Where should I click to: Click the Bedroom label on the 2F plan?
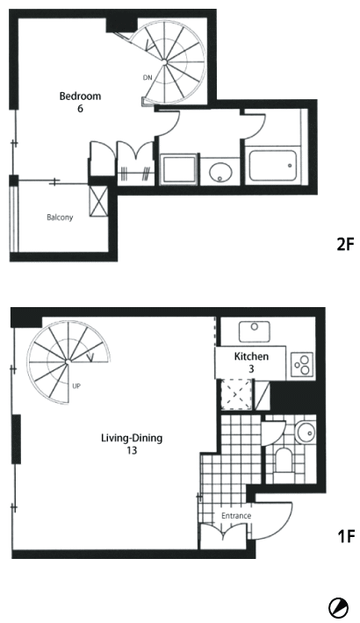click(80, 97)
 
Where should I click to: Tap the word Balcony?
click(60, 218)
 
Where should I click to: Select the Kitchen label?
click(251, 356)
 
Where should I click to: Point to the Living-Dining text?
click(132, 438)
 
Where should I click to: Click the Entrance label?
click(236, 516)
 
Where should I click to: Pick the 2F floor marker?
click(345, 244)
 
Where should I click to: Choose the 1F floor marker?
click(346, 537)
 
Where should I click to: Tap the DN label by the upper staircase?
click(148, 77)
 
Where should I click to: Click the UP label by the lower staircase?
click(76, 385)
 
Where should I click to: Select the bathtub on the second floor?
click(272, 165)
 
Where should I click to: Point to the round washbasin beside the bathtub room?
click(220, 173)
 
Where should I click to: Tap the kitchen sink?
click(254, 332)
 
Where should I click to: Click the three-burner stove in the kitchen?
click(301, 364)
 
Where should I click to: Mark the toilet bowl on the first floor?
click(284, 461)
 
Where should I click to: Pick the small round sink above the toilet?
click(305, 430)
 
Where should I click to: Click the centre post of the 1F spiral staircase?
click(68, 362)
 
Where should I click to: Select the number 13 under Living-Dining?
click(132, 450)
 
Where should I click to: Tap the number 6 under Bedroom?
click(80, 109)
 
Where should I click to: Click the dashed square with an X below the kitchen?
click(236, 395)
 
